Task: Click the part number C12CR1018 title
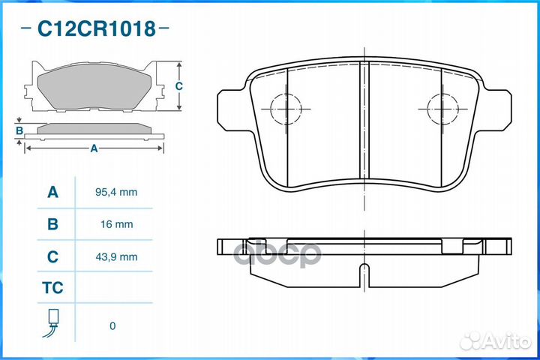pyautogui.click(x=96, y=28)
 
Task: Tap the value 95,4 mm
pyautogui.click(x=116, y=192)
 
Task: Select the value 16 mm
pyautogui.click(x=116, y=224)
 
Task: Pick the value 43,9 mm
pyautogui.click(x=116, y=257)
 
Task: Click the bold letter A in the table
pyautogui.click(x=52, y=192)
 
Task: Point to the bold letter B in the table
pyautogui.click(x=52, y=224)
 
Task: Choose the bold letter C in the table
pyautogui.click(x=52, y=256)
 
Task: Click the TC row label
pyautogui.click(x=52, y=288)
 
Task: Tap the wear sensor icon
pyautogui.click(x=52, y=323)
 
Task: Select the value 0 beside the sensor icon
pyautogui.click(x=112, y=326)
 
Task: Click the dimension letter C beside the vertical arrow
pyautogui.click(x=178, y=85)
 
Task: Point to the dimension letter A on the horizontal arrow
pyautogui.click(x=94, y=148)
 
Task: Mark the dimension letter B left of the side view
pyautogui.click(x=19, y=131)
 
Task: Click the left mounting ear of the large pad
pyautogui.click(x=232, y=110)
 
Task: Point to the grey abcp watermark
pyautogui.click(x=277, y=254)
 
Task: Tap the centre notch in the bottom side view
pyautogui.click(x=364, y=275)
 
